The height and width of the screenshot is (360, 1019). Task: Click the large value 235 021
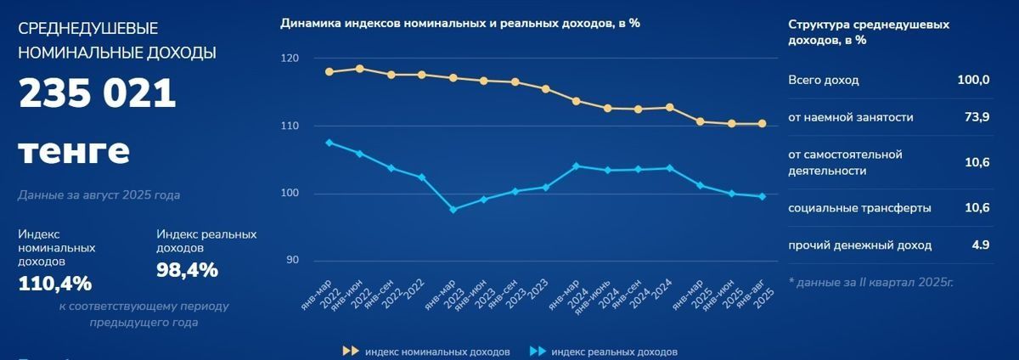pos(97,94)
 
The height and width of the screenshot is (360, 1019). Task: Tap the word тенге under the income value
pos(74,152)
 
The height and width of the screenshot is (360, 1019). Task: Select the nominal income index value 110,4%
pos(54,284)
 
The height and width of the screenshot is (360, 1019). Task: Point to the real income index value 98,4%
pos(187,270)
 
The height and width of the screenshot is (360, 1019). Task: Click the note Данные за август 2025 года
pos(99,195)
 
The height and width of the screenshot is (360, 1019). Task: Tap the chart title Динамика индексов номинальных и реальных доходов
pos(459,23)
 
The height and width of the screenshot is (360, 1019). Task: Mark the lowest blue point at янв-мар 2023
pos(453,209)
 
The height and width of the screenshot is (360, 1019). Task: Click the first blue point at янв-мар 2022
pos(329,143)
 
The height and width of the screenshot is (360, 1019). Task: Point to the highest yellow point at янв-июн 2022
pos(360,69)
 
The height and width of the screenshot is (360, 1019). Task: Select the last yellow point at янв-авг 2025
pos(762,123)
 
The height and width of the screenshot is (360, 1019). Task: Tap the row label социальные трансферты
pos(859,208)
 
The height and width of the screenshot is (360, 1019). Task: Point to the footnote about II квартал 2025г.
pos(870,281)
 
